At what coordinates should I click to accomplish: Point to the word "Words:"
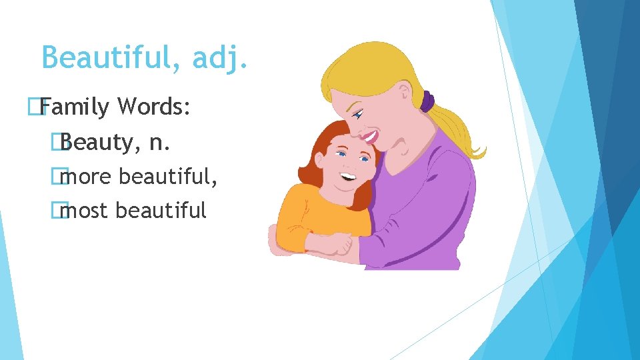coord(155,106)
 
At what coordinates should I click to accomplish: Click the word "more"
coord(86,177)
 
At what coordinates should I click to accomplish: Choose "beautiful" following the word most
coord(161,211)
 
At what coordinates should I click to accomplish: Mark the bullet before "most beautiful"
coord(64,211)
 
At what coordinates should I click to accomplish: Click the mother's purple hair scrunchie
coord(427,101)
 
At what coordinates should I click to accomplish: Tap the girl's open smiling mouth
coord(347,177)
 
